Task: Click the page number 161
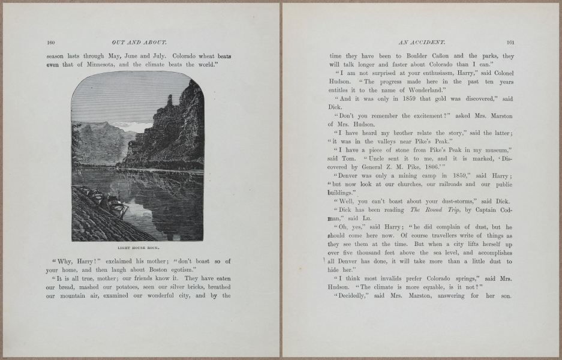pyautogui.click(x=510, y=43)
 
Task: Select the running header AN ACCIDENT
pyautogui.click(x=420, y=43)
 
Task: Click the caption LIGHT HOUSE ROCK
pyautogui.click(x=138, y=246)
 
